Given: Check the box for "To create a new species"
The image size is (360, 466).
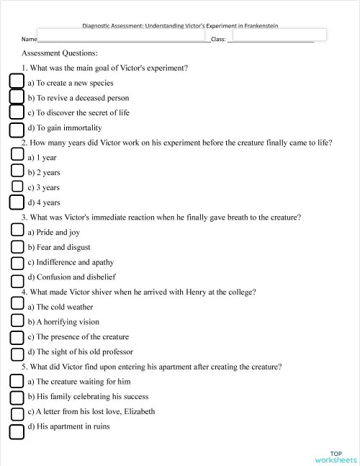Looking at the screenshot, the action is point(17,81).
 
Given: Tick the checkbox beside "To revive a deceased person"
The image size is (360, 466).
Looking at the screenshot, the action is point(17,97).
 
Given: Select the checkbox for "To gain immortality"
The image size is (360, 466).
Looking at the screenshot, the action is point(17,129).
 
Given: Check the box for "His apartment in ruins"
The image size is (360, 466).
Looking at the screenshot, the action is point(17,431).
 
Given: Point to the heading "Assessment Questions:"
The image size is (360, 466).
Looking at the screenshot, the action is point(60,53).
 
